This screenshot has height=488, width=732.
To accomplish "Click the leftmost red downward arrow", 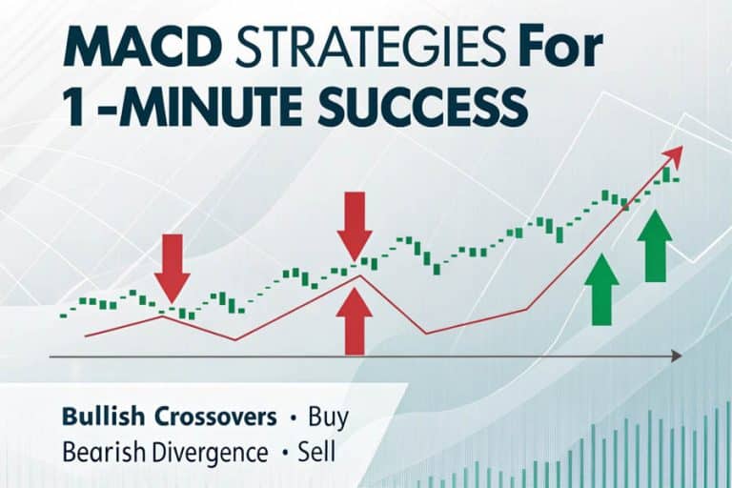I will (x=173, y=267).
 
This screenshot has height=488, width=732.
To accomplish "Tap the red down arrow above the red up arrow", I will (x=355, y=225).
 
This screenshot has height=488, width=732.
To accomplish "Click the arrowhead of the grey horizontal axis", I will (x=676, y=356).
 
